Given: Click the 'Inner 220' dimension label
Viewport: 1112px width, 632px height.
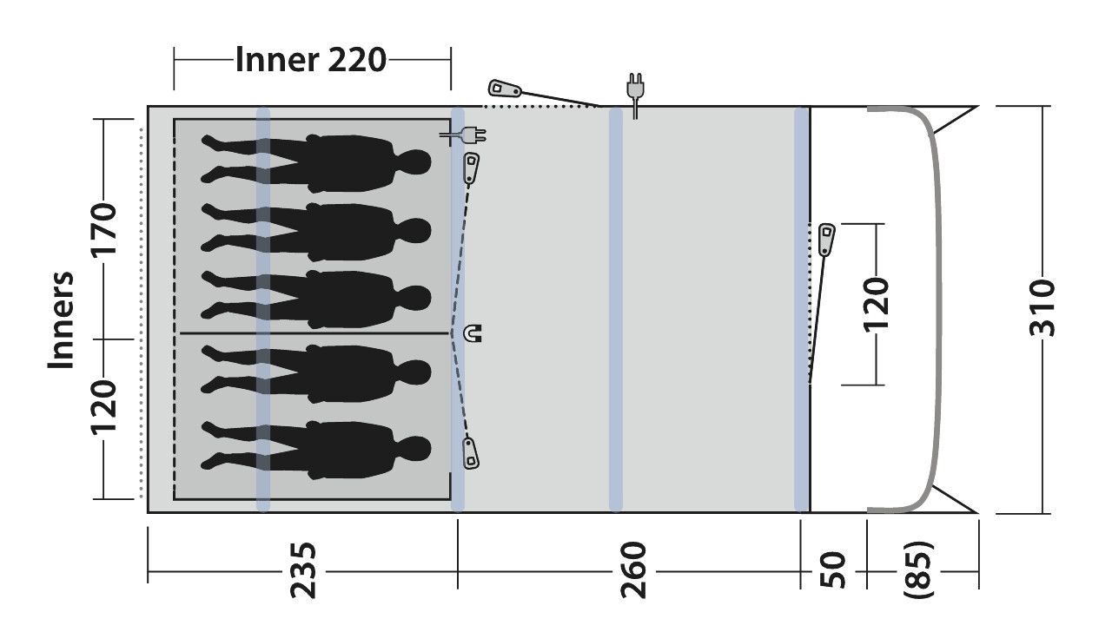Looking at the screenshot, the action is (311, 60).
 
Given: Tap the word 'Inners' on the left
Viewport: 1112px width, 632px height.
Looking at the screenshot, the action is (61, 320).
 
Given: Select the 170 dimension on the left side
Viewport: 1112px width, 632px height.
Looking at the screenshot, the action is (103, 229).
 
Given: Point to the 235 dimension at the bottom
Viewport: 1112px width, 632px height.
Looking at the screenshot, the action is (301, 570).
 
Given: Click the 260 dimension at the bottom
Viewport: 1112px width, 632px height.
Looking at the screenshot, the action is (633, 570).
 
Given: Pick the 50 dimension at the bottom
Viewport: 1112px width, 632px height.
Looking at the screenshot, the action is (833, 570).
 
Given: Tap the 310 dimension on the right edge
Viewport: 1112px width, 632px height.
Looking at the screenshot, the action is (1042, 307).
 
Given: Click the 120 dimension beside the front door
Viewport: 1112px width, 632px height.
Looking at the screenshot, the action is (876, 305).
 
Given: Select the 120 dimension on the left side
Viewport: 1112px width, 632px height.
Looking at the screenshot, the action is (103, 407).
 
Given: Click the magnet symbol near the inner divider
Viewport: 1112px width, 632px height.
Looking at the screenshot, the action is (472, 332).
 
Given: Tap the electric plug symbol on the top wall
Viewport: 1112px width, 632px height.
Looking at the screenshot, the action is (635, 95).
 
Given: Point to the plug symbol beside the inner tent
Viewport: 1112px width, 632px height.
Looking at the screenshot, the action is (463, 135).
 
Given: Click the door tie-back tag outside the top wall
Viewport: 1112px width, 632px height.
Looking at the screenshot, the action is (505, 89).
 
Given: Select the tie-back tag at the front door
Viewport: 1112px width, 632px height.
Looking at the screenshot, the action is (826, 240).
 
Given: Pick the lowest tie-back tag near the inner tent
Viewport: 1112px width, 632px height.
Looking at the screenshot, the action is (471, 453).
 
